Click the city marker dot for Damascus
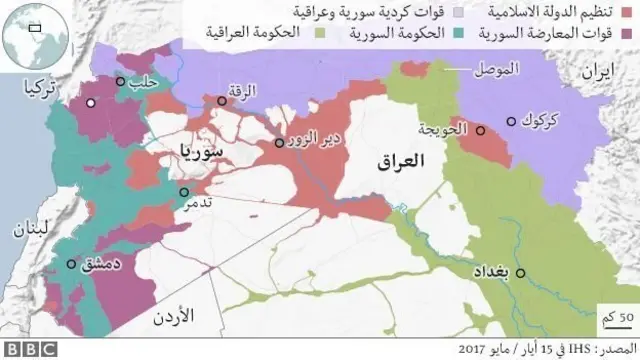(x=71, y=265)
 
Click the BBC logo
(x=31, y=350)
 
